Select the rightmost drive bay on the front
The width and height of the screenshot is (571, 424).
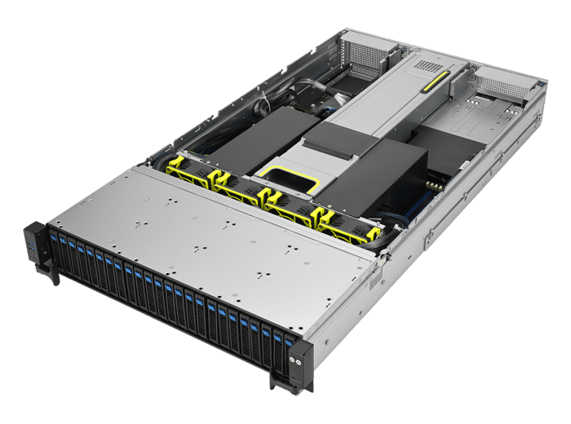(x=286, y=351)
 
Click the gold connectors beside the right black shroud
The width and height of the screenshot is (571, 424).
(x=436, y=186)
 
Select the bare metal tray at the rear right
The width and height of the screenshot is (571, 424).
(x=477, y=122)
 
